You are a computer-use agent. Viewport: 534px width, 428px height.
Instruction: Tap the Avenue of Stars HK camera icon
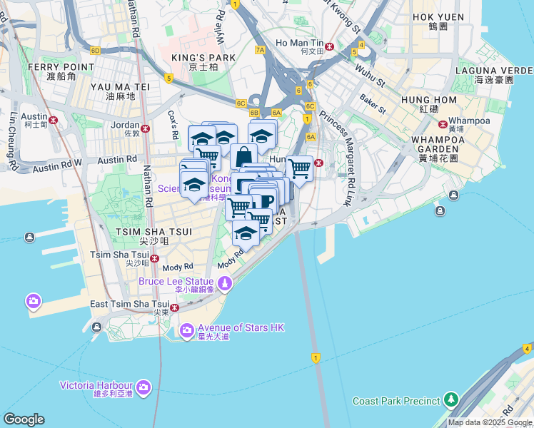coord(187,330)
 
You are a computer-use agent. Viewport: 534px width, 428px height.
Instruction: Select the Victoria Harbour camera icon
coord(143,387)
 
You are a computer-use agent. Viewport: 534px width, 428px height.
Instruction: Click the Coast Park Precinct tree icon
coord(450,399)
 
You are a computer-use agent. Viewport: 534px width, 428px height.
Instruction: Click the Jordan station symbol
coord(146,129)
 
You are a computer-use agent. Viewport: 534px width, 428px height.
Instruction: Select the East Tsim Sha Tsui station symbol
coord(174,307)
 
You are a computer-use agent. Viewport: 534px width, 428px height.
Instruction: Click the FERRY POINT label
coord(61,66)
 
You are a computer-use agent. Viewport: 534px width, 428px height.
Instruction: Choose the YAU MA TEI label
coord(120,86)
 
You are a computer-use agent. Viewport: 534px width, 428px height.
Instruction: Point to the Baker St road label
coord(372,104)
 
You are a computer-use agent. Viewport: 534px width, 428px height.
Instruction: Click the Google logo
coord(24,419)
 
